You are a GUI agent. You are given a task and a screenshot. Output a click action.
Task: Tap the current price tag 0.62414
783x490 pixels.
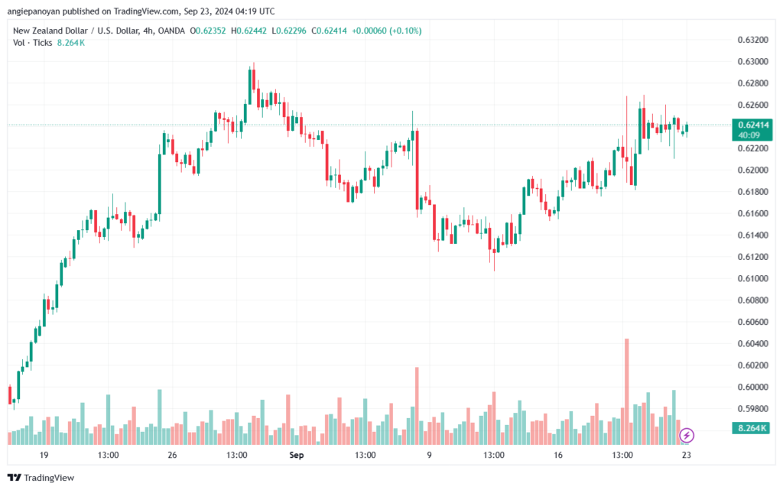(753, 125)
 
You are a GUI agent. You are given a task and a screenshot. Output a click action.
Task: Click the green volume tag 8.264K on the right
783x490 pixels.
(753, 428)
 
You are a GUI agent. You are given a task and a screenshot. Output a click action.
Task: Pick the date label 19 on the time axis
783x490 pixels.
(44, 456)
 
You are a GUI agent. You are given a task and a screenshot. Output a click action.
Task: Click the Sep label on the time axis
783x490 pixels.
(297, 456)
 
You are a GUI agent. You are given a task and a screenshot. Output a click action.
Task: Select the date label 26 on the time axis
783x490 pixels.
(172, 456)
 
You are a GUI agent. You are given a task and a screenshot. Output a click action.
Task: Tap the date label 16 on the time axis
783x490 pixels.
(558, 456)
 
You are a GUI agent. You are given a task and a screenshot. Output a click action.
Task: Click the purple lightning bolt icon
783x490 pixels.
(687, 435)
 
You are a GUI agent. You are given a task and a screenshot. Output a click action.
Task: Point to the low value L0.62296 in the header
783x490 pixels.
(296, 31)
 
